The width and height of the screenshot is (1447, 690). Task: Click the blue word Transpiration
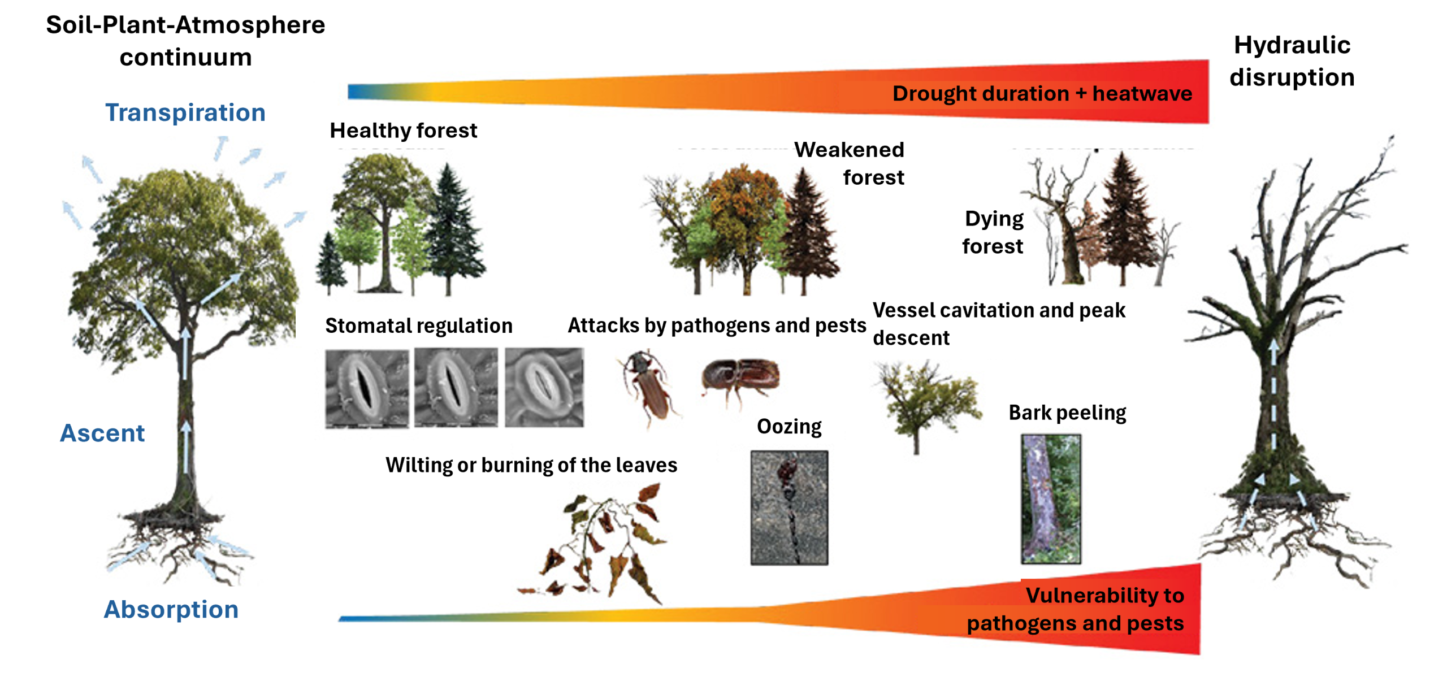pos(185,112)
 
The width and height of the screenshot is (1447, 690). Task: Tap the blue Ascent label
pos(102,433)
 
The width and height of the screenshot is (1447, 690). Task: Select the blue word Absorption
pos(171,609)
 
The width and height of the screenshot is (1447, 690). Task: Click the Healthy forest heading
pos(403,131)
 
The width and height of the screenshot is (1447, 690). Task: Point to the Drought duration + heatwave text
pos(1042,93)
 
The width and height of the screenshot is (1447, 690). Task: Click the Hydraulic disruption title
pos(1292,61)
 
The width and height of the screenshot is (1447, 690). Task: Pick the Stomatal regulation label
pos(419,326)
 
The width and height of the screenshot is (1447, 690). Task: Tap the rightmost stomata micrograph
pos(544,387)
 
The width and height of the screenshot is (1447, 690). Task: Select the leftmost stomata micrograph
pos(367,389)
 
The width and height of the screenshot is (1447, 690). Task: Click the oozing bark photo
pos(789,507)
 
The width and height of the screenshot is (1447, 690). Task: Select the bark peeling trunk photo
pos(1051,499)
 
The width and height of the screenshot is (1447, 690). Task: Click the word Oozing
pos(789,426)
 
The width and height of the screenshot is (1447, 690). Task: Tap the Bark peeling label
pos(1067,413)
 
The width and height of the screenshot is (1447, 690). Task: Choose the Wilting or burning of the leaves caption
pos(531,465)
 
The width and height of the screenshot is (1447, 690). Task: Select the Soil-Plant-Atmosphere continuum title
pos(185,41)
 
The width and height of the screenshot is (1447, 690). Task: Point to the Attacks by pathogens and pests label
pos(717,326)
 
